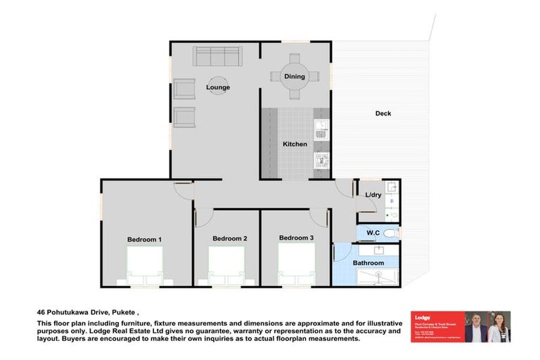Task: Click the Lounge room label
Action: [x=217, y=87]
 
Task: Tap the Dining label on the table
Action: [x=294, y=76]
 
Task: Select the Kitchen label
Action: [x=295, y=144]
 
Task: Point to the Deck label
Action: [x=382, y=113]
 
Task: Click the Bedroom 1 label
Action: [x=144, y=240]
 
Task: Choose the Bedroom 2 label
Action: [x=229, y=238]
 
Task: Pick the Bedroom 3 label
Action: [x=296, y=238]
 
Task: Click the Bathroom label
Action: [x=368, y=263]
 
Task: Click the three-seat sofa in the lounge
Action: [x=217, y=56]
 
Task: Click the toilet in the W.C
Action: [x=390, y=233]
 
